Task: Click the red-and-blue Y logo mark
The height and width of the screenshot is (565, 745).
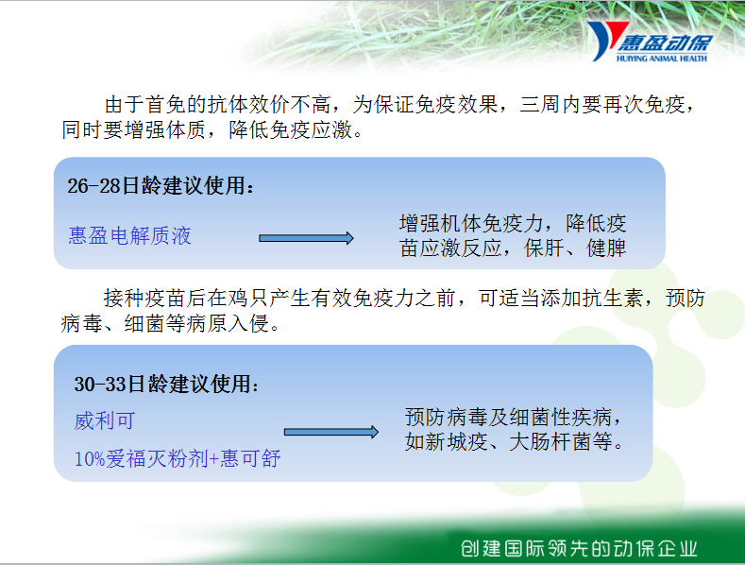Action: tap(606, 41)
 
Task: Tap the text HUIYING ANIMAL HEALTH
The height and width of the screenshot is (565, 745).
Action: tap(661, 59)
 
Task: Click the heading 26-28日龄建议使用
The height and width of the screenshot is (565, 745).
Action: tap(161, 185)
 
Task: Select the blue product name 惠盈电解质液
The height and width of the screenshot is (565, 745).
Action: tap(129, 235)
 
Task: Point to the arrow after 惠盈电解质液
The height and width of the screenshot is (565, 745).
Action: tap(306, 238)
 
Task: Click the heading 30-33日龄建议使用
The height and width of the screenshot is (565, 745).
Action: tap(166, 384)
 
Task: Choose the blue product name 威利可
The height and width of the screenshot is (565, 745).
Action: tap(105, 420)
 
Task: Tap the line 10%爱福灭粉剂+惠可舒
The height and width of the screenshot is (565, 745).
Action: tap(178, 458)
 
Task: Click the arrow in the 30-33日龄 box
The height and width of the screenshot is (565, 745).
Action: tap(331, 432)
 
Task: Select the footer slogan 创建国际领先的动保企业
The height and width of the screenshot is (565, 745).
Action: tap(579, 548)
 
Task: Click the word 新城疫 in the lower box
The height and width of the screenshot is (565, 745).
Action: tap(456, 442)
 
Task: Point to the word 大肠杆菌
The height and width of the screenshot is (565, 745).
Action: tap(550, 442)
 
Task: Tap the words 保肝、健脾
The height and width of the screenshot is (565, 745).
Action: tap(575, 248)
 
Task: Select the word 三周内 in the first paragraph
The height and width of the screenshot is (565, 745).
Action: tap(550, 104)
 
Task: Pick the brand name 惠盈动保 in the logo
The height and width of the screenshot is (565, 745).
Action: tap(665, 43)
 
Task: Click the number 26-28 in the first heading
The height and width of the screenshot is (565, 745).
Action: tap(94, 185)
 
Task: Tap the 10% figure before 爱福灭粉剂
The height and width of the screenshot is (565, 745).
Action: tap(90, 459)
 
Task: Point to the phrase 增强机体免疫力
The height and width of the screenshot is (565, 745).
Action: tap(471, 223)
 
